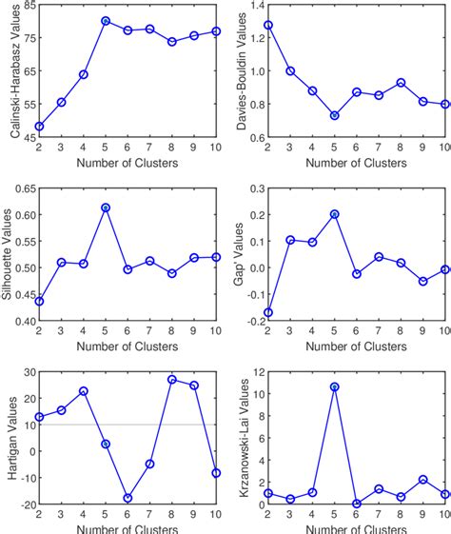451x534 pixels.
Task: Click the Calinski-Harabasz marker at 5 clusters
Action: (x=106, y=21)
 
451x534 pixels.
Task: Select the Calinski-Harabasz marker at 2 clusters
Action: (x=39, y=126)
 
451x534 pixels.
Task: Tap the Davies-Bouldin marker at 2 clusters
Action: (x=268, y=25)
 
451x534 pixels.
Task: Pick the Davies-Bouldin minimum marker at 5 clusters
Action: (x=334, y=115)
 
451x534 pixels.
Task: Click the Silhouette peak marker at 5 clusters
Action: (x=106, y=208)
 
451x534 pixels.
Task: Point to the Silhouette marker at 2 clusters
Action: (x=39, y=301)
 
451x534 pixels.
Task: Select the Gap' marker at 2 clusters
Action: (x=268, y=312)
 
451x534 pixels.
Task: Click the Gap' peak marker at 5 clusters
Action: (x=334, y=214)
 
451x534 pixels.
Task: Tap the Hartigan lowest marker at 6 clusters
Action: (x=127, y=498)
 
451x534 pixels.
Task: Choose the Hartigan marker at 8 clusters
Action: (x=172, y=379)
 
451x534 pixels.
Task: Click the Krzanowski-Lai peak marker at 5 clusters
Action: (x=334, y=386)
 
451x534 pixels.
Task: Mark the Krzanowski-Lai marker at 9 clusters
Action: (x=422, y=480)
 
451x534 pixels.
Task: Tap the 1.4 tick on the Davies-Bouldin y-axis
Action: (x=253, y=6)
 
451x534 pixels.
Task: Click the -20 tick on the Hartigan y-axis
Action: (x=23, y=504)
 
